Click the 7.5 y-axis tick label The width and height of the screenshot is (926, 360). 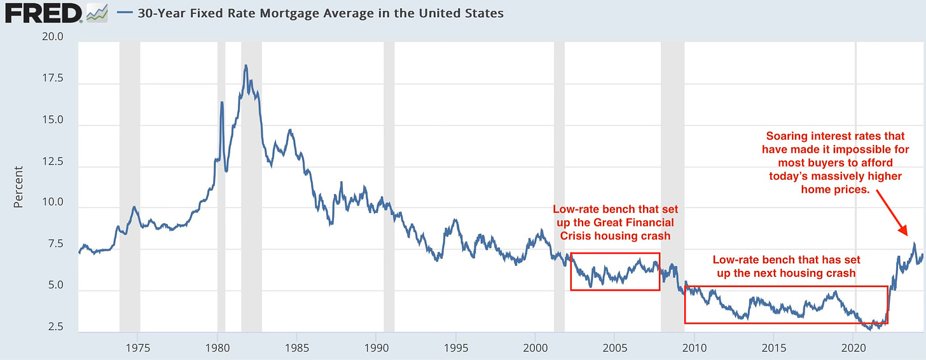[53, 244]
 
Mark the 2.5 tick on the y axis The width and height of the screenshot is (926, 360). [53, 327]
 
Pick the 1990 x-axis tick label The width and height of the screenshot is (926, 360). [377, 349]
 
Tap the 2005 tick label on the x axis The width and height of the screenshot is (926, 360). [615, 349]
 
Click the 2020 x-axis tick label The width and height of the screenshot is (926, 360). [853, 349]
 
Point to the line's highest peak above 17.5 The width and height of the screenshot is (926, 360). [245, 66]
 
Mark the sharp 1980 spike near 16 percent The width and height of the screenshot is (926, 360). [222, 102]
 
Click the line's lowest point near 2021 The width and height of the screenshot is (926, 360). [869, 329]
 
